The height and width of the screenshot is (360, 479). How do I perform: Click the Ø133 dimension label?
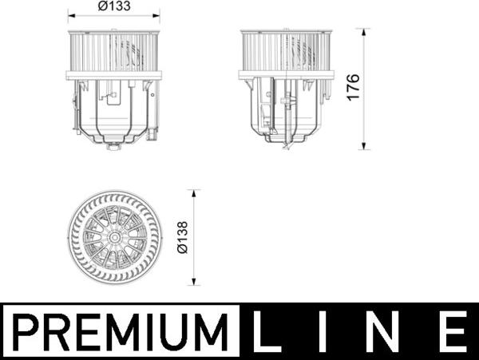114,6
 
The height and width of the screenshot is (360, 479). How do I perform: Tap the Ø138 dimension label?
182,238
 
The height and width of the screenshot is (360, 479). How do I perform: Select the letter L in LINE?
267,331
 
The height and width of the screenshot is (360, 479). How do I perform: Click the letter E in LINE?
452,331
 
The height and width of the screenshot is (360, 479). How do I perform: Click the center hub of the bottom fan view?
114,237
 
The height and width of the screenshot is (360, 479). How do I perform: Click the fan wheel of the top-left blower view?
114,52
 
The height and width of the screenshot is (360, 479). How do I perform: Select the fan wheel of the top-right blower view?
286,52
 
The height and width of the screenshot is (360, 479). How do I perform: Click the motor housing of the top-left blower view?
114,112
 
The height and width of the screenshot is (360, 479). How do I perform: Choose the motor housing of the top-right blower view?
286,112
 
